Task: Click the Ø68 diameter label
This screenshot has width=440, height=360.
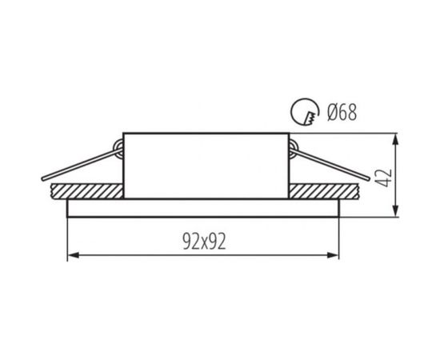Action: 342,113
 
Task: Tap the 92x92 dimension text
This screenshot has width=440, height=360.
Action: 204,242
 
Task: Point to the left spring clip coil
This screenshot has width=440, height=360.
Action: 118,147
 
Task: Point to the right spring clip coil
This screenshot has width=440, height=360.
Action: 294,147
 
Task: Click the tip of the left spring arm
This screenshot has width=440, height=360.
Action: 43,178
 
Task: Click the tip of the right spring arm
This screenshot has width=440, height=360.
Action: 369,178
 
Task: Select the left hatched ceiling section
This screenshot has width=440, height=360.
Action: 87,191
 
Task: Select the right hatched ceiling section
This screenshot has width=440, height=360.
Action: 324,191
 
